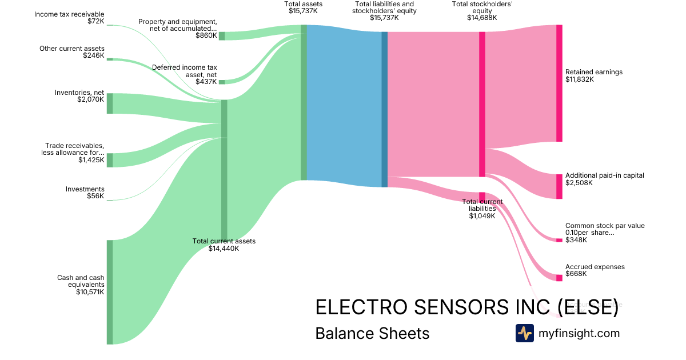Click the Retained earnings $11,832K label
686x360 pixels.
pos(593,75)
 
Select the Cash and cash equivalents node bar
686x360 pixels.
pos(110,292)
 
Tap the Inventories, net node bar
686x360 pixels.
pos(110,103)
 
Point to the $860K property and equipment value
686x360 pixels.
pos(206,35)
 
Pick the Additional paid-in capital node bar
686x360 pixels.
pos(559,186)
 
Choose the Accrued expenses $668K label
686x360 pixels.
pos(595,270)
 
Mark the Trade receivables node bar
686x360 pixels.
pos(110,160)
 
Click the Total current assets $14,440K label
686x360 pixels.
pos(224,245)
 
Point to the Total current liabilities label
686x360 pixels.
pos(482,209)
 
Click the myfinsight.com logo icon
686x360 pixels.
pos(524,333)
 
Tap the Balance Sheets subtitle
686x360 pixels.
pos(372,333)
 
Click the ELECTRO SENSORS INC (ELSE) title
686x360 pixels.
pos(466,307)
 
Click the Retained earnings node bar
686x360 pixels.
pos(559,83)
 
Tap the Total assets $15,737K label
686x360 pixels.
pos(303,7)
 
